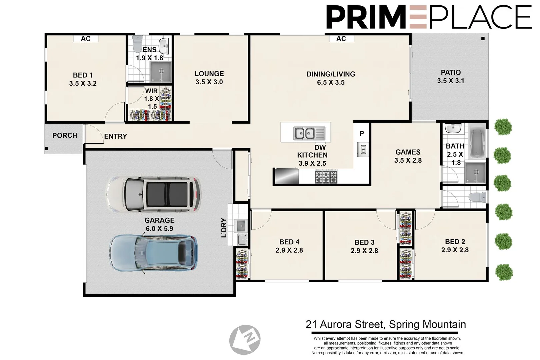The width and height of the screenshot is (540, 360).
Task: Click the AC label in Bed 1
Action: coord(86,39)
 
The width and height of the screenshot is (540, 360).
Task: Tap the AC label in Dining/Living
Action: coord(341,39)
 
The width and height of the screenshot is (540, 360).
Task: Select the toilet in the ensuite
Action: coord(138,44)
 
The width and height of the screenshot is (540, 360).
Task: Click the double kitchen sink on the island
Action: coord(309,133)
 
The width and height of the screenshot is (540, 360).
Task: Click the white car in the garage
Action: coord(153,194)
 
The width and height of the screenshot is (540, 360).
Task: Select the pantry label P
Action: coord(362,133)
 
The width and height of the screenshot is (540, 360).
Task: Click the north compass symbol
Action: coord(245,340)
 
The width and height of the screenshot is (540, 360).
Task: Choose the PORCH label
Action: coord(65,136)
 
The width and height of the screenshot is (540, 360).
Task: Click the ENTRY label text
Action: coord(115,136)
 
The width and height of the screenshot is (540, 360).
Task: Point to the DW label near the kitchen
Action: coord(320,147)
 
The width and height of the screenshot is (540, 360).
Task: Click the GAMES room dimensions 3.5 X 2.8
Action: coord(408,160)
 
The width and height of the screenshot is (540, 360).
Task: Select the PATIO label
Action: coord(451,72)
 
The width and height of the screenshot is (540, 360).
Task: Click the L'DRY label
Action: coord(224,228)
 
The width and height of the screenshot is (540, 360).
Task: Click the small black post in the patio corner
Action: coord(483,39)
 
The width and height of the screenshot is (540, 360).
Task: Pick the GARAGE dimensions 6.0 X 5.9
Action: coord(159,229)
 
